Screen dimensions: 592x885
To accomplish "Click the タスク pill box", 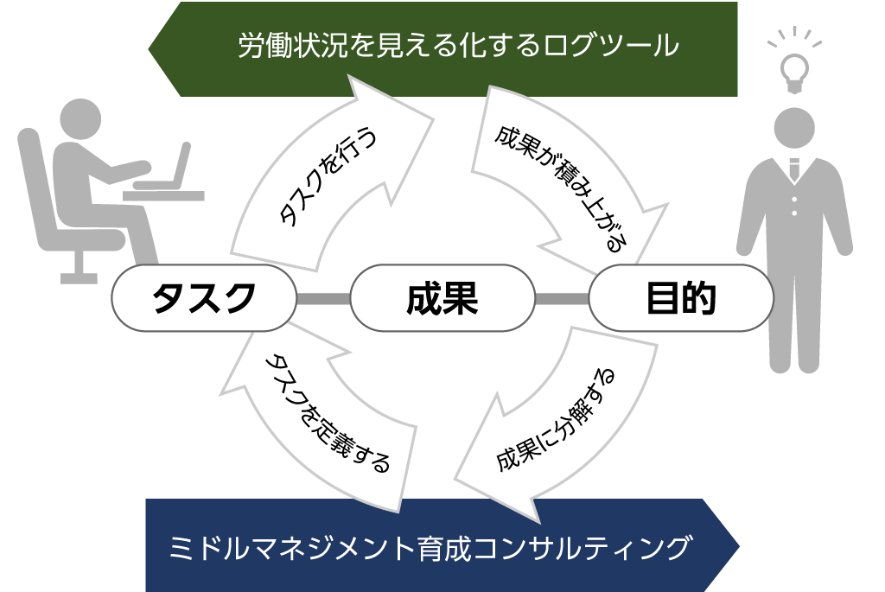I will [x=203, y=298].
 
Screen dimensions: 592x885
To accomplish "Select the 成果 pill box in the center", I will [x=442, y=298].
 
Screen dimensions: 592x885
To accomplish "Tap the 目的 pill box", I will [x=680, y=298].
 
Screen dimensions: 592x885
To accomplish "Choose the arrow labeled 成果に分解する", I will [x=553, y=423].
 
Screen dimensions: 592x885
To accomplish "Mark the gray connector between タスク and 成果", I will [x=322, y=299].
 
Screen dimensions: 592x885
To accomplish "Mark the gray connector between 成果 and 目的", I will [x=562, y=299].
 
